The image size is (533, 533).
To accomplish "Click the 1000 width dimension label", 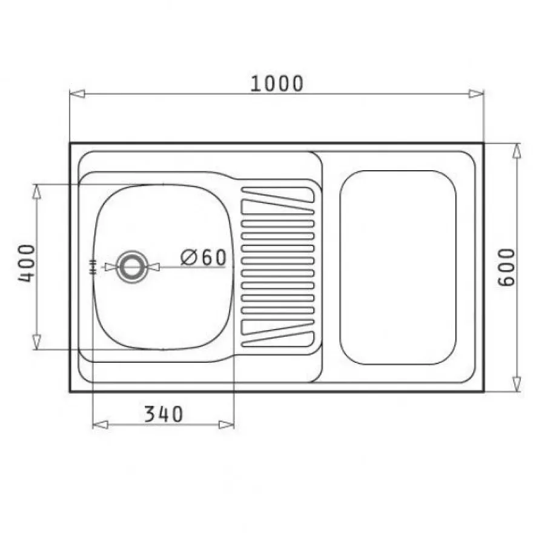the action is click(276, 84).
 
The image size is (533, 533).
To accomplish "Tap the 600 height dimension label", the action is click(506, 267).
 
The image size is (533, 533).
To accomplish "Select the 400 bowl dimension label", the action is click(26, 263).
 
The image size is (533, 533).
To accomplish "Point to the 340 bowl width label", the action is click(164, 414).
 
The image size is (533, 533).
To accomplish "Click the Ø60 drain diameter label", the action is click(204, 257).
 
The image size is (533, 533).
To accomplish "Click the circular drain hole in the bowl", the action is click(132, 267).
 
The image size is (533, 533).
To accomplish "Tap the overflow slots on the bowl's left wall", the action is click(93, 267).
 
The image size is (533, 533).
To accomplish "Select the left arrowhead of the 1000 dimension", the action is click(77, 93).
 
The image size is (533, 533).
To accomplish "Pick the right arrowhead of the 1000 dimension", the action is click(476, 93).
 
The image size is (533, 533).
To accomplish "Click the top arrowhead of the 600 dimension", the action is click(517, 151).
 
